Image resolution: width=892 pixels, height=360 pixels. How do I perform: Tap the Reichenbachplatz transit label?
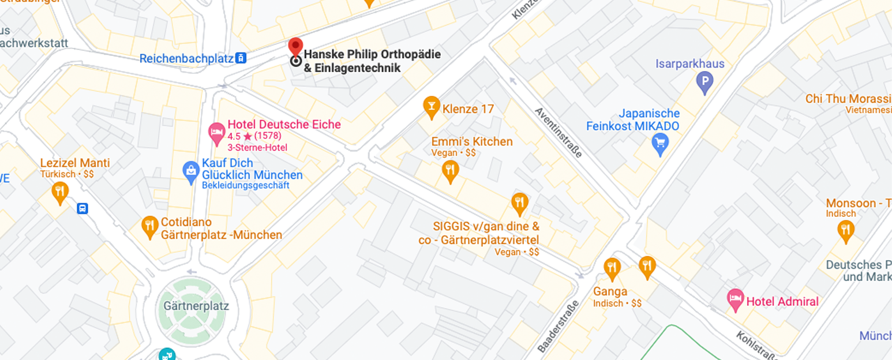point(187,58)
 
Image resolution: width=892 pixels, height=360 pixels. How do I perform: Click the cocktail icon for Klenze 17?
point(431,107)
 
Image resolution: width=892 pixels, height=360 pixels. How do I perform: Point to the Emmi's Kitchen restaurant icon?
point(450,171)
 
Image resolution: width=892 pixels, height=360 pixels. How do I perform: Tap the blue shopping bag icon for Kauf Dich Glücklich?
point(191,171)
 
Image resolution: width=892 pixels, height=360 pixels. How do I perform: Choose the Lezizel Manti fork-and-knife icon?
point(60,192)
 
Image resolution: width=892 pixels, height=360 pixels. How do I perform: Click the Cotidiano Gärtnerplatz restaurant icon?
point(150,226)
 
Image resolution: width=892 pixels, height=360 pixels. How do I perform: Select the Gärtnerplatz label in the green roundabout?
point(196,306)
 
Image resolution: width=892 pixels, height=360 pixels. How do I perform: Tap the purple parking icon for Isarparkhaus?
point(704,83)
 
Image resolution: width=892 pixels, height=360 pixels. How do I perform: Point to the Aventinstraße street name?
point(558,132)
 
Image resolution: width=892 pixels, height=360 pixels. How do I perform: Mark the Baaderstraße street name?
point(559,327)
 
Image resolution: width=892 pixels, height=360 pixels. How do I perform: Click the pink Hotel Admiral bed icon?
point(735,300)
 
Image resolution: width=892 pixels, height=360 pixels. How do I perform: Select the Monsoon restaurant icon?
point(846,231)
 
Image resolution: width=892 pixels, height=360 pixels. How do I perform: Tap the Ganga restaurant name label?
point(610,291)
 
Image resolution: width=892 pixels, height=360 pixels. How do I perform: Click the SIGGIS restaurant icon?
point(520,202)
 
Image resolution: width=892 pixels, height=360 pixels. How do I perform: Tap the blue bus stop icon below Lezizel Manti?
point(83,208)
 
